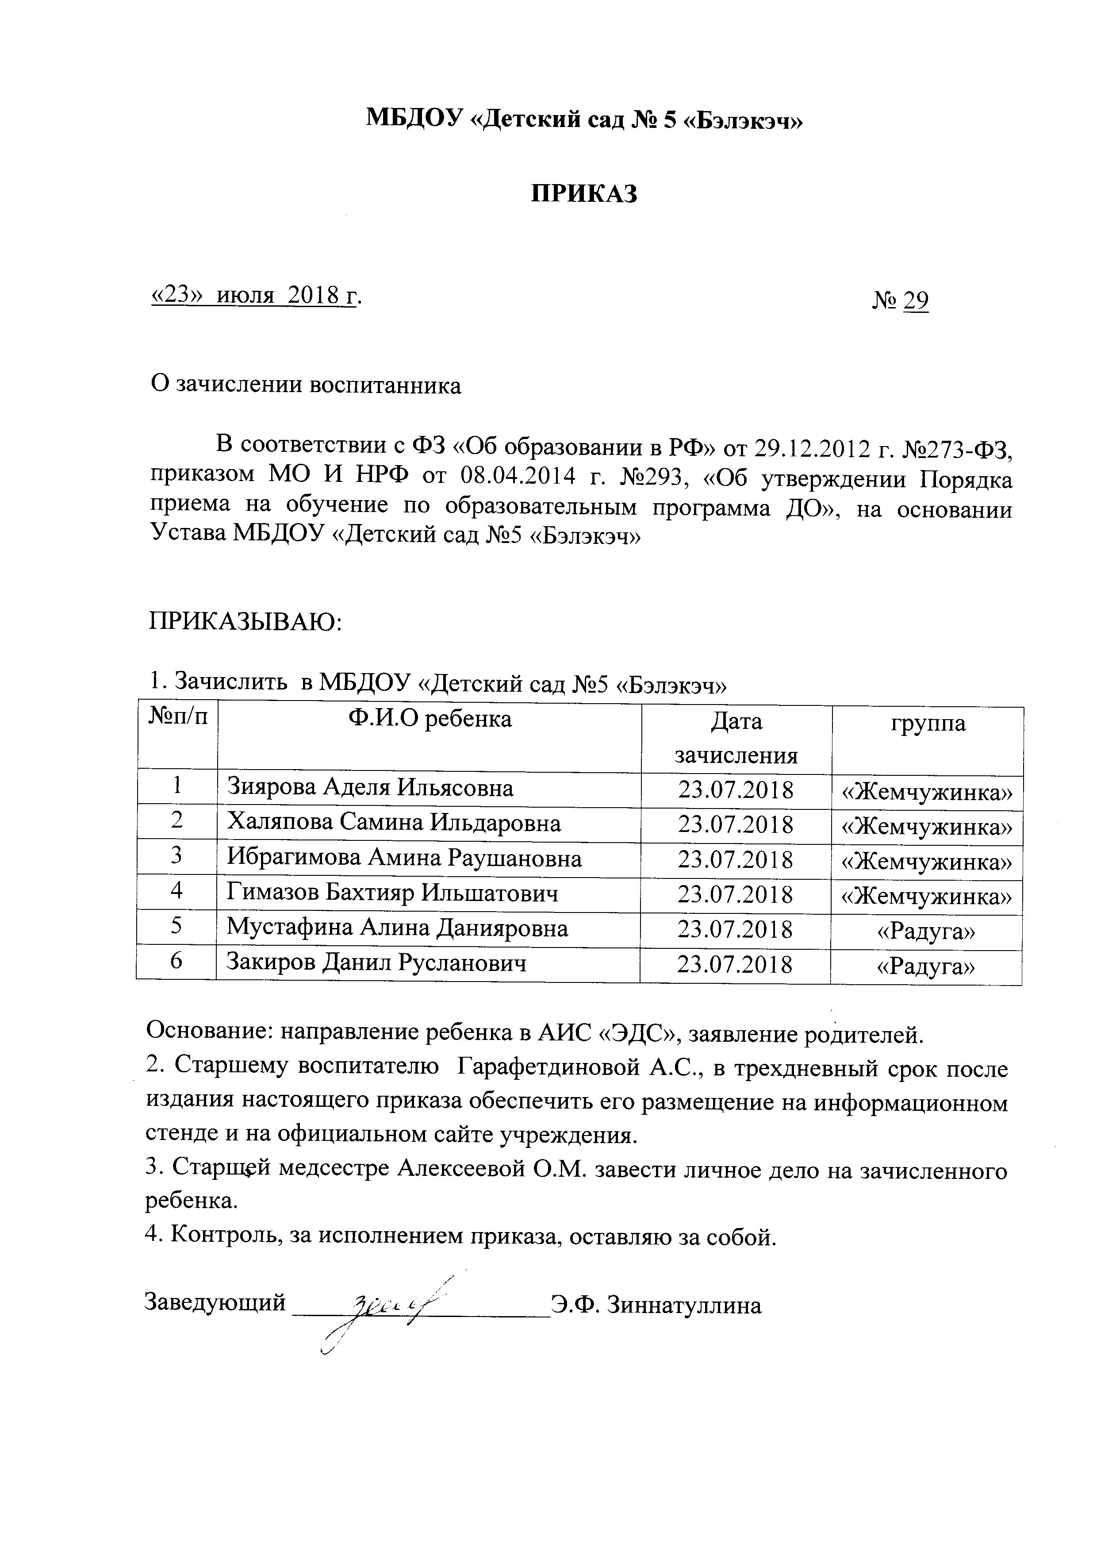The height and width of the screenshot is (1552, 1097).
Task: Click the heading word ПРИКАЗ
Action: [x=583, y=194]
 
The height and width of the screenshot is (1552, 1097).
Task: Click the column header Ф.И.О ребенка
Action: [x=430, y=719]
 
